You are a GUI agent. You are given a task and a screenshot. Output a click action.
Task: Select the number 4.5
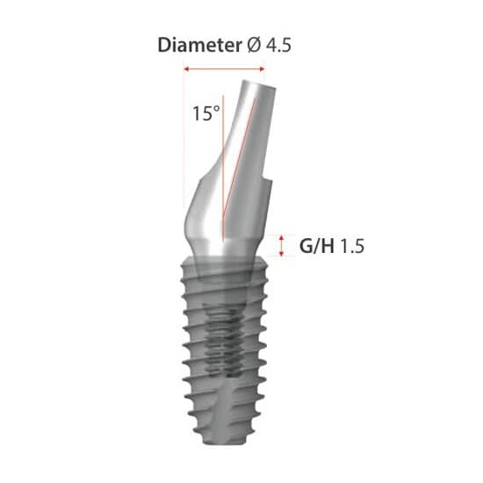tap(278, 46)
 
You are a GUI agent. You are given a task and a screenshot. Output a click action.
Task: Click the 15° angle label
tap(205, 112)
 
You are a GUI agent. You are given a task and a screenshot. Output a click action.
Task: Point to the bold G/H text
tap(317, 246)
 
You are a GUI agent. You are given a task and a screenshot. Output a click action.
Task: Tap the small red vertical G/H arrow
tap(281, 245)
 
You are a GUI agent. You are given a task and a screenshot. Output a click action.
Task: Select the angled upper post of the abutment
tap(250, 132)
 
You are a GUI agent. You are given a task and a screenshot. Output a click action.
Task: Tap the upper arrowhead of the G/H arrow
tap(281, 236)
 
